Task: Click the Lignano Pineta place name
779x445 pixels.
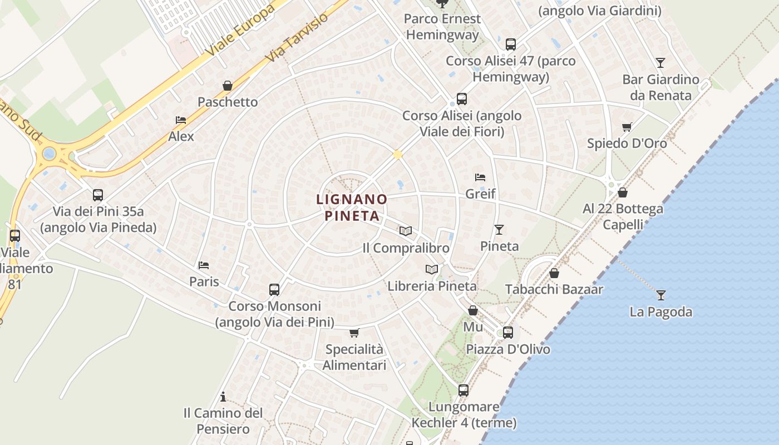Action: point(352,207)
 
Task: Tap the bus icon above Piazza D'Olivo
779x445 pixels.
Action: point(508,333)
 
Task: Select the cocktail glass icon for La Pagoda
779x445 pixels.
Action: point(660,295)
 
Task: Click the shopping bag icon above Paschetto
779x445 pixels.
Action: point(228,86)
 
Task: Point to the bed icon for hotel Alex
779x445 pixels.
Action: point(181,120)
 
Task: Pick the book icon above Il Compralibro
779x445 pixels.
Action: point(406,231)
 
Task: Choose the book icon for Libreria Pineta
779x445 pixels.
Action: point(432,270)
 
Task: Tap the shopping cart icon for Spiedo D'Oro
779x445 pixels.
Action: point(627,127)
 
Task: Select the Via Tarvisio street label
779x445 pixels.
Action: point(297,36)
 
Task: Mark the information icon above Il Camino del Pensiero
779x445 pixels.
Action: point(223,397)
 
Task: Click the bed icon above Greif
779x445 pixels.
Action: point(480,177)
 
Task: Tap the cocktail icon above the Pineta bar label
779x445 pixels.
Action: point(499,229)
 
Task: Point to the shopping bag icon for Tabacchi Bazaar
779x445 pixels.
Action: point(554,273)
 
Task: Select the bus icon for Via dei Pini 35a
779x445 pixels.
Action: point(98,195)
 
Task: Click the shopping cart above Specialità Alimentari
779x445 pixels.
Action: point(354,333)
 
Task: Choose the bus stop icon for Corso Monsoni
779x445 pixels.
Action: point(274,290)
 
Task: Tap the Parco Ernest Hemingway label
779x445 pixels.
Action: point(442,26)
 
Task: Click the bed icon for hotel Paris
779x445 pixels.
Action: point(204,265)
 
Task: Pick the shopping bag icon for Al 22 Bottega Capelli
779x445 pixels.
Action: point(623,192)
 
